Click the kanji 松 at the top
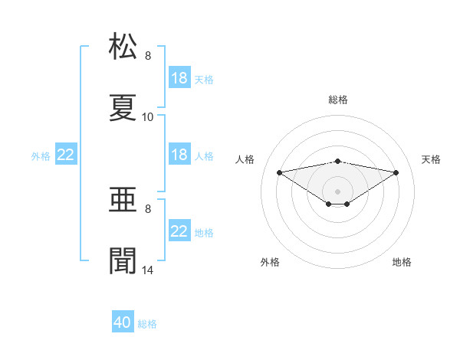click(123, 46)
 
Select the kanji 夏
click(123, 107)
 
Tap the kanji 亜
click(123, 199)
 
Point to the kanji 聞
click(123, 260)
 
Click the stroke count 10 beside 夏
click(147, 117)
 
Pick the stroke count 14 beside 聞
click(147, 270)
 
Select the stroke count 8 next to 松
click(148, 56)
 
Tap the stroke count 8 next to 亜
click(148, 209)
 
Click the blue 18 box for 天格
click(179, 77)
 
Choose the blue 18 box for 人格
click(179, 154)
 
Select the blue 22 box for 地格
click(179, 230)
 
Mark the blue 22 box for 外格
click(66, 154)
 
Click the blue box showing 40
click(123, 321)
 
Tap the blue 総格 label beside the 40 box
click(147, 324)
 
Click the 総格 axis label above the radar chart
click(338, 100)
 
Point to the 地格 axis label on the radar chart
click(402, 262)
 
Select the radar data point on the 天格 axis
click(396, 172)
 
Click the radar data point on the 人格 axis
click(279, 172)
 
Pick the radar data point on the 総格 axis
click(337, 162)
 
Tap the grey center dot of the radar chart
click(337, 191)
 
